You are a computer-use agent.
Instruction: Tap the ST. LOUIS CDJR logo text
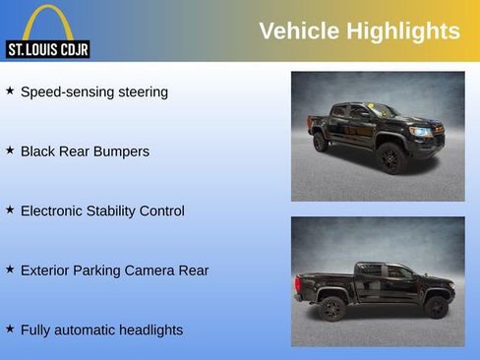(x=47, y=49)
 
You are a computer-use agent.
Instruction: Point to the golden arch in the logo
(x=47, y=22)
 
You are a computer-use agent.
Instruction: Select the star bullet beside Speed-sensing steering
(x=10, y=90)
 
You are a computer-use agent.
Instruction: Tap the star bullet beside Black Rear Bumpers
(x=10, y=150)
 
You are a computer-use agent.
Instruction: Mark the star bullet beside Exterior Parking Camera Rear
(x=10, y=269)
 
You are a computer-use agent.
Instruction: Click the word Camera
(x=150, y=270)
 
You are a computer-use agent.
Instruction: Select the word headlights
(x=148, y=330)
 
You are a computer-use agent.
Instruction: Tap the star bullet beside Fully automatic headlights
(x=10, y=328)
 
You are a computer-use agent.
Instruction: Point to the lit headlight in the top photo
(x=421, y=131)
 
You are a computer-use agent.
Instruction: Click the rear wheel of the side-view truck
(x=331, y=308)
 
